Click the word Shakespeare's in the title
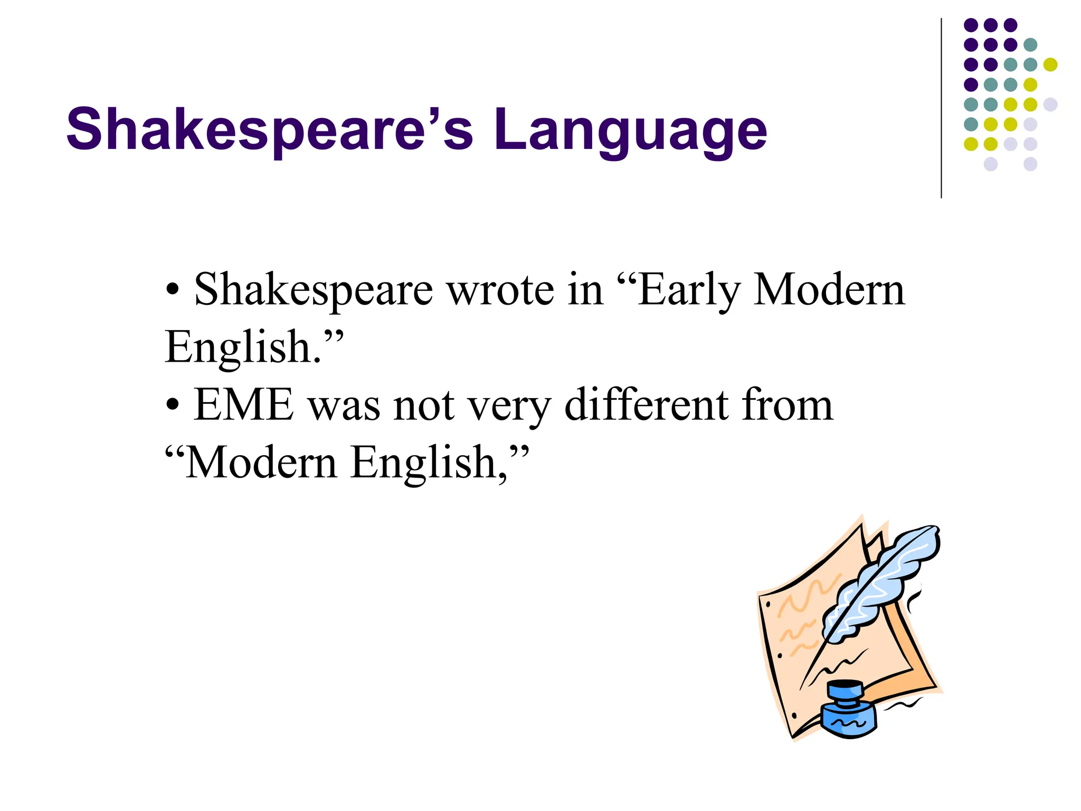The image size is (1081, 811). [269, 130]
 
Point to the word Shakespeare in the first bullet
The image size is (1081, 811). [314, 291]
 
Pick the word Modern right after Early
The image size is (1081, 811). [829, 290]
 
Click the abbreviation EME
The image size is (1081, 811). [243, 405]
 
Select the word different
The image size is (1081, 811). [646, 405]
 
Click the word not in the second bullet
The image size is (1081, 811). [424, 406]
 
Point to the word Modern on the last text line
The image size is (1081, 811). [261, 463]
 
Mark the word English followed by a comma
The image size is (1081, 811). [425, 464]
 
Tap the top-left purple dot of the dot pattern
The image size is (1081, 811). [971, 25]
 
